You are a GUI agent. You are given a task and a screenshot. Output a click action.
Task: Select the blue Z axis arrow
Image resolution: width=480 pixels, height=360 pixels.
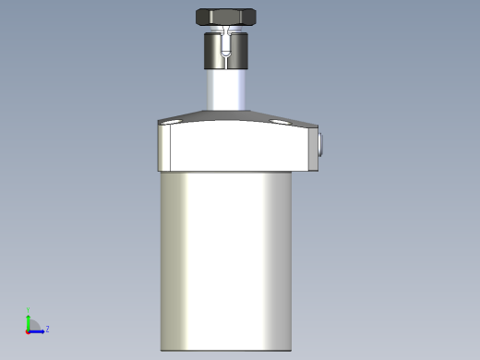pyautogui.click(x=38, y=330)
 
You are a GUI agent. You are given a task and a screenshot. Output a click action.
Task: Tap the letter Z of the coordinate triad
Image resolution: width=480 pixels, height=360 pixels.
pyautogui.click(x=47, y=329)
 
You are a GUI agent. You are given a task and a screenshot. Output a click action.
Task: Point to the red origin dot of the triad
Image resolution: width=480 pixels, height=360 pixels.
pyautogui.click(x=28, y=330)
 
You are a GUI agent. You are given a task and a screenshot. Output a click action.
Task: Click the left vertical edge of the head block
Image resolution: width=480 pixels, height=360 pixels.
pyautogui.click(x=160, y=148)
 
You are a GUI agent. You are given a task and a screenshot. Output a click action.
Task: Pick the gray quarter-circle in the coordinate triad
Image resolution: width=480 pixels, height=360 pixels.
pyautogui.click(x=33, y=325)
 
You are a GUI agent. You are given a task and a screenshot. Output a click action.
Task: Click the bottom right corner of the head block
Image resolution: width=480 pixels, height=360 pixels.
pyautogui.click(x=315, y=171)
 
